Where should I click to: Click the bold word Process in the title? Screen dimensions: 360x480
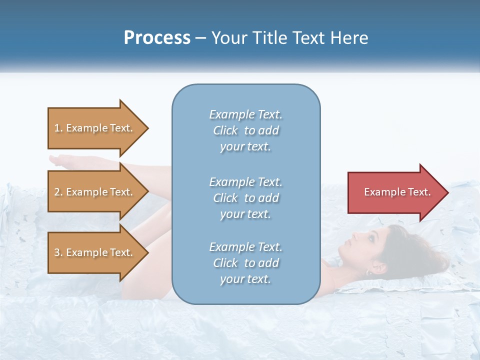pos(157,38)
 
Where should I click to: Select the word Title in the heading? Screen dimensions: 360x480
pos(270,38)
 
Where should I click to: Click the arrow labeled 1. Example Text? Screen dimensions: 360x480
pos(95,128)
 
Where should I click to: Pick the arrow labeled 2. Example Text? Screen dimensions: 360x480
pos(95,192)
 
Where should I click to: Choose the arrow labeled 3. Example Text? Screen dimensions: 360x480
pos(95,252)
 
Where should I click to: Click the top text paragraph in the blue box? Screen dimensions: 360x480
pos(245,130)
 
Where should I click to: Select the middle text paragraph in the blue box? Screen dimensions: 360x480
pos(245,198)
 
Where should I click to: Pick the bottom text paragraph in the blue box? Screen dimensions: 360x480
pos(245,263)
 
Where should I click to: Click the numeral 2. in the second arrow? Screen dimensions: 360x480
pos(58,192)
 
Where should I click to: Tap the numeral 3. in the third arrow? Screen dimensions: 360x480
pos(58,252)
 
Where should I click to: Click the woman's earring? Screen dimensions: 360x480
pos(368,272)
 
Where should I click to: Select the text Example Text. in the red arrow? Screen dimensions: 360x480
pos(397,192)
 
